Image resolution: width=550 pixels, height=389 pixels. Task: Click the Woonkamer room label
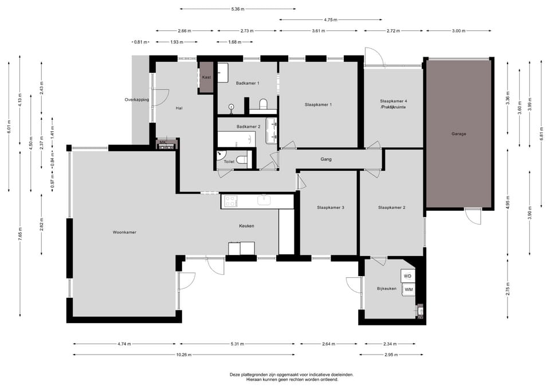(124, 232)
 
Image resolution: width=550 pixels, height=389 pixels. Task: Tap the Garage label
(459, 133)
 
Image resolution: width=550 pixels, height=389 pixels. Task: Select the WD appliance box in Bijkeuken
(407, 276)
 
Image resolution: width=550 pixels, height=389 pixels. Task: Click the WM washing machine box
(408, 290)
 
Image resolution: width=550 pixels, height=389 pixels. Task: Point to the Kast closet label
(207, 77)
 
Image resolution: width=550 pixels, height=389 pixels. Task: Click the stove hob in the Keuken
(230, 201)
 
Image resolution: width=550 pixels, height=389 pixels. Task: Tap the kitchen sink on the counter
(264, 200)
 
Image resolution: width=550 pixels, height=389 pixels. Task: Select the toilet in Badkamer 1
(264, 104)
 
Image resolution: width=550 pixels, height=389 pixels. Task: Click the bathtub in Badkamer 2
(237, 139)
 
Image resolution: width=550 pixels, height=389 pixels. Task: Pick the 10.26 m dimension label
(184, 355)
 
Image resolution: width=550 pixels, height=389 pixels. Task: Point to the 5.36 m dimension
(238, 9)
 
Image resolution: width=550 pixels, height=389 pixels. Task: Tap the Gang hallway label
(326, 159)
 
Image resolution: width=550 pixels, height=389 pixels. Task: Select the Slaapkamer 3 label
(331, 207)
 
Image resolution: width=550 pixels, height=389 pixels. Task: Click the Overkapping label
(137, 100)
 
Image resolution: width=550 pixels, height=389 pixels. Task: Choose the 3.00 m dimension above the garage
(458, 31)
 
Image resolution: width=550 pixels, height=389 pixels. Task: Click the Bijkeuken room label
(387, 289)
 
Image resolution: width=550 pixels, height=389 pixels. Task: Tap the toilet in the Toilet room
(241, 160)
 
